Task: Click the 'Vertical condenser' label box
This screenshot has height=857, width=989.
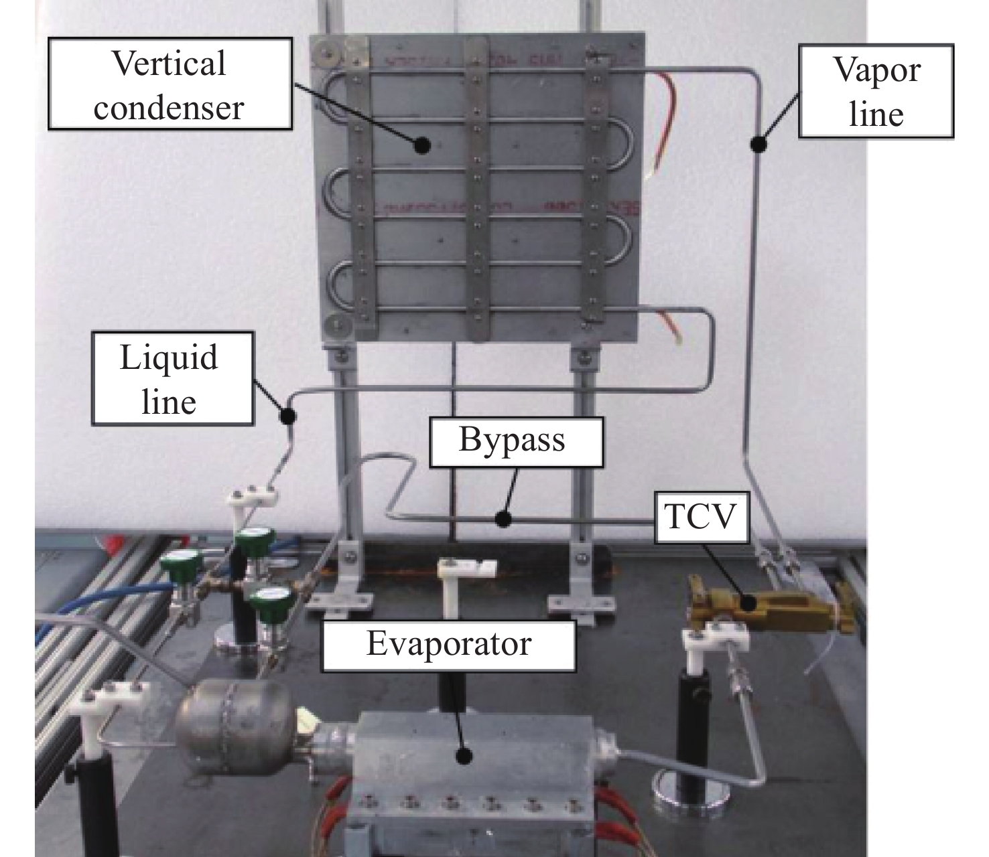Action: point(170,84)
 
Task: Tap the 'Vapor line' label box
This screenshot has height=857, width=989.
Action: point(876,91)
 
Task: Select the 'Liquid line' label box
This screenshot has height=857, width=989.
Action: point(172,379)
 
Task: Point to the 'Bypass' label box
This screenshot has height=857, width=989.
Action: point(516,441)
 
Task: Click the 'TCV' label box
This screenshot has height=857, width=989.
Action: point(701,517)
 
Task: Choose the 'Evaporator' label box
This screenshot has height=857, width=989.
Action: point(449,645)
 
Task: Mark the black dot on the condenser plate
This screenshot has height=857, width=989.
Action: point(421,145)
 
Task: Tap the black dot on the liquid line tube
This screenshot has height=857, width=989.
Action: point(287,415)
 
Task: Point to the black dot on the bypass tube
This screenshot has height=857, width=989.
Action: point(503,519)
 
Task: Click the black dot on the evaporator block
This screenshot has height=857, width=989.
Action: point(464,769)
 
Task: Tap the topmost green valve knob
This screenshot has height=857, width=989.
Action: point(257,541)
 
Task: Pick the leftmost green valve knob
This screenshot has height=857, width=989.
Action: point(182,564)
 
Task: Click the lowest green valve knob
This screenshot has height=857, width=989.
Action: point(272,601)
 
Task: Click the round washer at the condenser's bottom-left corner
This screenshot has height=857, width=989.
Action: point(336,327)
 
